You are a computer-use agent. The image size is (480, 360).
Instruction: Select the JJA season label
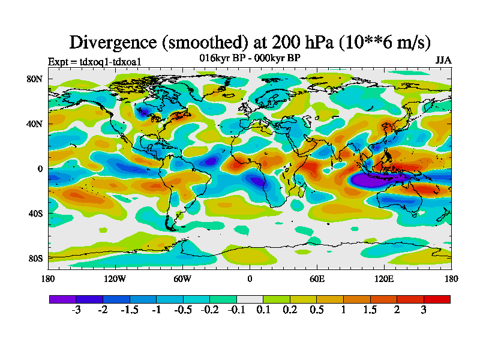pyautogui.click(x=443, y=61)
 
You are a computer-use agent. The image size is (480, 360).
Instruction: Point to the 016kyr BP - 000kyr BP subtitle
pyautogui.click(x=250, y=58)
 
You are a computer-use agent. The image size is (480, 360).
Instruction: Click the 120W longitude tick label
pyautogui.click(x=115, y=278)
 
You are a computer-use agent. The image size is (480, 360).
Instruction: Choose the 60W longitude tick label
pyautogui.click(x=182, y=278)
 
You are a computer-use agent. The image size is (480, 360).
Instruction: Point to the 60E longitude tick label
pyautogui.click(x=317, y=278)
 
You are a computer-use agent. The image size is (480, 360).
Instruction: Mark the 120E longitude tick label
pyautogui.click(x=384, y=278)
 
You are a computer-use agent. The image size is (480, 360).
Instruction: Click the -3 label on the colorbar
pyautogui.click(x=76, y=310)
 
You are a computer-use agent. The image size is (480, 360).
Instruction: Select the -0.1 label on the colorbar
pyautogui.click(x=236, y=310)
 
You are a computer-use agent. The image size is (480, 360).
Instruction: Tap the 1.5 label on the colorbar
pyautogui.click(x=370, y=310)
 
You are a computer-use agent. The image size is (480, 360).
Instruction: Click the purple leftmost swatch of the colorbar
pyautogui.click(x=62, y=298)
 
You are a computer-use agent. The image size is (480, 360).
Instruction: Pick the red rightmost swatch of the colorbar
pyautogui.click(x=437, y=298)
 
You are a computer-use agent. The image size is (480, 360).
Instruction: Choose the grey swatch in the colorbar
pyautogui.click(x=250, y=298)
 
